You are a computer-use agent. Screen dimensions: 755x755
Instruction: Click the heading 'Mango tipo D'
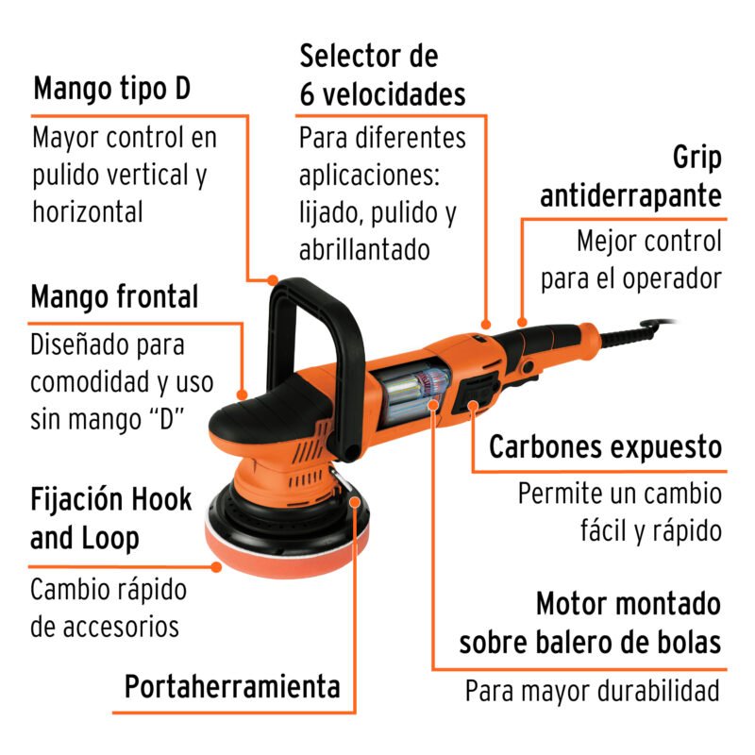pos(111,91)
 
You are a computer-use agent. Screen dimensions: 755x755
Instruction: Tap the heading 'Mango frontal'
pos(114,298)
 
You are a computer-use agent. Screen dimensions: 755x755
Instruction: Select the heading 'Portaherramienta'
pos(232,686)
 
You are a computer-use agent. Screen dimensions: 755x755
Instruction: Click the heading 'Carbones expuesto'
pos(605,447)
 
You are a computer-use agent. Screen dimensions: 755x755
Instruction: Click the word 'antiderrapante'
pos(630,196)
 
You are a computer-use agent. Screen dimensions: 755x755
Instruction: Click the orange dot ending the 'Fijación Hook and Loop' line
pos(217,567)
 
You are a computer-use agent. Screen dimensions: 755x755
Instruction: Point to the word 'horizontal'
pos(88,212)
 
